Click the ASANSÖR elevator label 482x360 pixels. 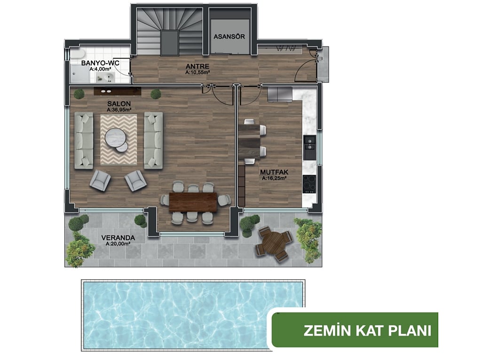(x=229, y=37)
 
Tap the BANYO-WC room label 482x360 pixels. (x=100, y=63)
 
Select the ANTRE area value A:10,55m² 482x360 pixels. (x=198, y=72)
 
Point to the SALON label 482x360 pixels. (x=119, y=104)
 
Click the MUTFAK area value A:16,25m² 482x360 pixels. (x=274, y=178)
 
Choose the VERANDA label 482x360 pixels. (x=118, y=238)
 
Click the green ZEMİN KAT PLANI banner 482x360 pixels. (x=355, y=330)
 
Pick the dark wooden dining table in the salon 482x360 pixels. (x=193, y=202)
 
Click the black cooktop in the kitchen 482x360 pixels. (x=309, y=184)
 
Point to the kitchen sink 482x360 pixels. (x=309, y=147)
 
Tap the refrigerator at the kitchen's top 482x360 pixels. (x=279, y=94)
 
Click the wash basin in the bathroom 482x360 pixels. (x=105, y=78)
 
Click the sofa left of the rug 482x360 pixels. (x=84, y=141)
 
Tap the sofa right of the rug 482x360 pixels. (x=153, y=141)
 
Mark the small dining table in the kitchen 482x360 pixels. (x=249, y=141)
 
